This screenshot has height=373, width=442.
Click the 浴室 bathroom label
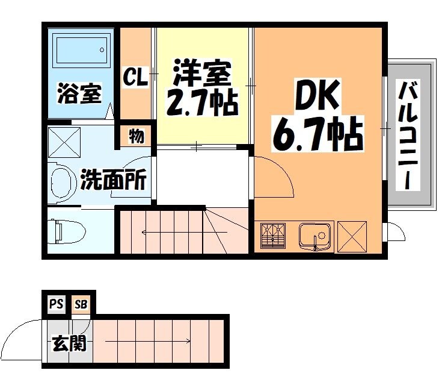click(79, 95)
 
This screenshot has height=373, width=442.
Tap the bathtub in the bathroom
click(80, 51)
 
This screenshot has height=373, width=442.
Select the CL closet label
click(135, 77)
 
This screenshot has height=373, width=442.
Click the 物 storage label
click(137, 136)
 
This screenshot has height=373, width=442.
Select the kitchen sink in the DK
click(316, 236)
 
